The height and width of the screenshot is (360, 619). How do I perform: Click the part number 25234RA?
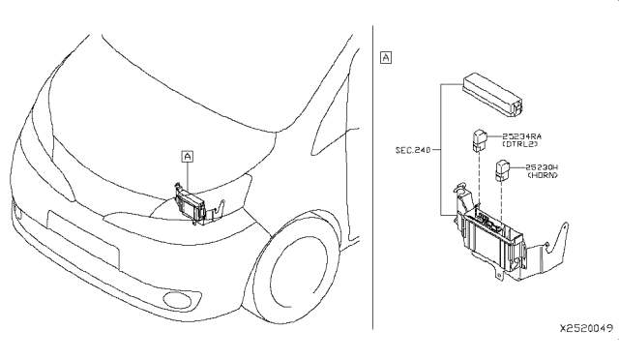pyautogui.click(x=521, y=136)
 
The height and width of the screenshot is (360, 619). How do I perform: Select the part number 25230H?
pyautogui.click(x=542, y=167)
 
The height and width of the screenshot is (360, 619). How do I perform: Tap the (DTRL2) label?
pyautogui.click(x=520, y=144)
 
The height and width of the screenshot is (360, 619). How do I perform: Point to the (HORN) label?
pyautogui.click(x=543, y=175)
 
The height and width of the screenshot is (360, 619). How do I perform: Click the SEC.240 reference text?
pyautogui.click(x=413, y=150)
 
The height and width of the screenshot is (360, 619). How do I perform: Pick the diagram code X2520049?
pyautogui.click(x=587, y=328)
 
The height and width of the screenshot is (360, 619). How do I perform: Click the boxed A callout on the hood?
pyautogui.click(x=188, y=157)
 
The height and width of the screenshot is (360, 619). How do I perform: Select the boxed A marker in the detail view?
pyautogui.click(x=386, y=58)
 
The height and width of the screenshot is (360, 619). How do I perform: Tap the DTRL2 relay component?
pyautogui.click(x=480, y=140)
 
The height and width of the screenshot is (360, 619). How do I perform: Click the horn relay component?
pyautogui.click(x=503, y=170)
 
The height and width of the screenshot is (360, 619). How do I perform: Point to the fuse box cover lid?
pyautogui.click(x=493, y=94)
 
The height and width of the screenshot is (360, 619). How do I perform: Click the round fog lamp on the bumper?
pyautogui.click(x=177, y=300)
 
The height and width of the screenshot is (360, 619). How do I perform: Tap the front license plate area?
pyautogui.click(x=83, y=239)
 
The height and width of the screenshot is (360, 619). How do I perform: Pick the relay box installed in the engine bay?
pyautogui.click(x=191, y=204)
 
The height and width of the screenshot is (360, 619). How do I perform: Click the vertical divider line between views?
pyautogui.click(x=372, y=177)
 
